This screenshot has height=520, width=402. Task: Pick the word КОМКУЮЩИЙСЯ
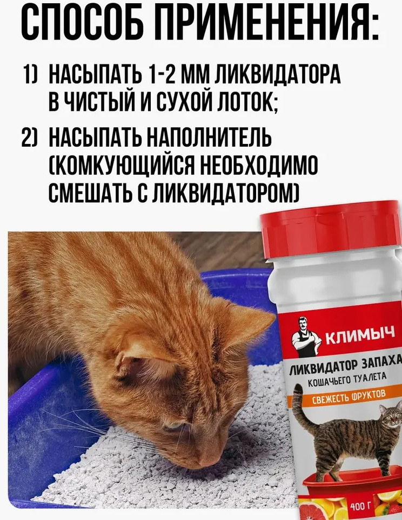[x=122, y=165]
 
